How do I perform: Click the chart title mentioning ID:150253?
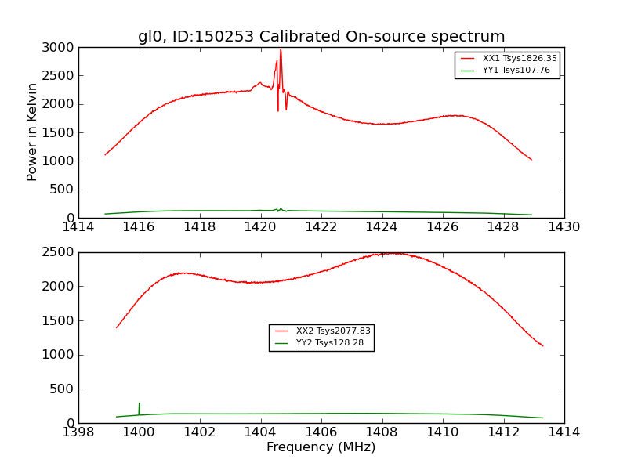point(321,37)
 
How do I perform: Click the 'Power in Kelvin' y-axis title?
point(33,132)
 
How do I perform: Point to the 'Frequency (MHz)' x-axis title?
point(321,447)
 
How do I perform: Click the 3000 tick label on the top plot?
point(60,48)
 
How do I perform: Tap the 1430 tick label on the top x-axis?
point(564,227)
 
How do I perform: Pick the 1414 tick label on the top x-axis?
point(79,227)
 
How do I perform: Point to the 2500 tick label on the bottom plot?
point(60,252)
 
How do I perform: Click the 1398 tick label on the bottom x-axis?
point(79,432)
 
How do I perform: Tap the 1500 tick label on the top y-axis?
point(60,132)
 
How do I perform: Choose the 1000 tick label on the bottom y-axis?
point(60,355)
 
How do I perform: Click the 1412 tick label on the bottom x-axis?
point(503,432)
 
